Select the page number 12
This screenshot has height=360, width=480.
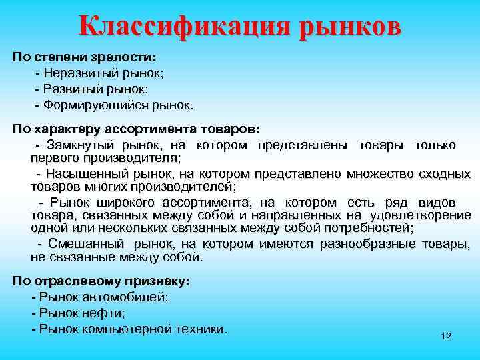(446, 336)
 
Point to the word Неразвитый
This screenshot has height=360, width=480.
(77, 73)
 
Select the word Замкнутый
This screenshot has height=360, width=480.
(79, 145)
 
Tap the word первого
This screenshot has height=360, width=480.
(54, 158)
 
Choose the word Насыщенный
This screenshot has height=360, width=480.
(83, 174)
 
